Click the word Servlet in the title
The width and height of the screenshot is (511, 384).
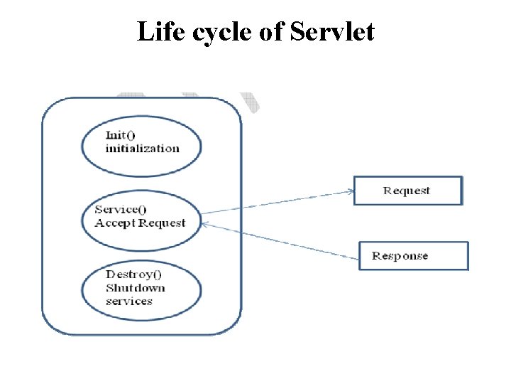click(x=333, y=32)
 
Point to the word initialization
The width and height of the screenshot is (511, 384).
click(x=142, y=149)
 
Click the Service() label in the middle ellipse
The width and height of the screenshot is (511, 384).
click(x=121, y=209)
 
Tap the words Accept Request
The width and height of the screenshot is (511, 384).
click(x=140, y=223)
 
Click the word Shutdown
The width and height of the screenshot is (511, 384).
click(x=135, y=287)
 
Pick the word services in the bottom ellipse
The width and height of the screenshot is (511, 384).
click(x=128, y=301)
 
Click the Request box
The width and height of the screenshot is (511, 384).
click(x=407, y=191)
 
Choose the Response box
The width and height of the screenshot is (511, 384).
click(x=414, y=256)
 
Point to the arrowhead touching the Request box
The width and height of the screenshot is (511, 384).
click(x=350, y=191)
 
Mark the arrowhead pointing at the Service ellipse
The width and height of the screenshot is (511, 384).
click(x=205, y=225)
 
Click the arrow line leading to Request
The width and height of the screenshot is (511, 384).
click(x=277, y=202)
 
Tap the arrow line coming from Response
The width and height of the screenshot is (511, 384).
click(x=284, y=240)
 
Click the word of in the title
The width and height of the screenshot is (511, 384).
click(x=270, y=32)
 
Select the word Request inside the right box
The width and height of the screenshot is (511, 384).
click(x=407, y=191)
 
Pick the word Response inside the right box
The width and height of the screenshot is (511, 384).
click(x=400, y=256)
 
